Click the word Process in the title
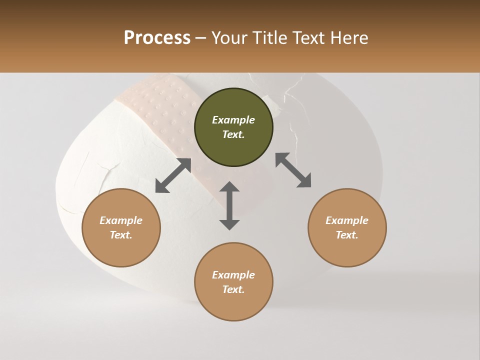[157, 38]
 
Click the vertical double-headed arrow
[229, 205]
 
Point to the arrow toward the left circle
[173, 175]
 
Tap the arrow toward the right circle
[293, 170]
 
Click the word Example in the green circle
[233, 120]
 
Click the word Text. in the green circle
[233, 134]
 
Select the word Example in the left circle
[121, 220]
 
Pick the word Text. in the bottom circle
[233, 289]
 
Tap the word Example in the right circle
[347, 220]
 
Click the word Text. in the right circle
[347, 235]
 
